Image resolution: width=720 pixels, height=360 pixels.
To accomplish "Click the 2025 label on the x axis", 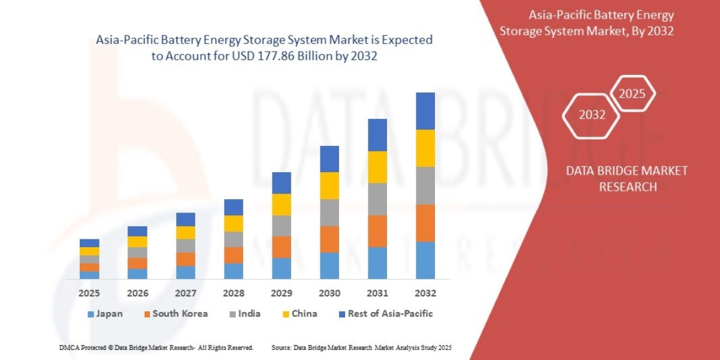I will [x=89, y=293].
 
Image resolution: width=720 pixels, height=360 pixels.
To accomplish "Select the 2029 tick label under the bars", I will [x=281, y=293].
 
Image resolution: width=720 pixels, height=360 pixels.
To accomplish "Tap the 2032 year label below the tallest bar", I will [x=425, y=293].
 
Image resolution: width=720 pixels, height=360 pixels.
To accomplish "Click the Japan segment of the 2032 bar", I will [x=425, y=260].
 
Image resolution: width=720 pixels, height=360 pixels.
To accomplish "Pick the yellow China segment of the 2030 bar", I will [x=329, y=185].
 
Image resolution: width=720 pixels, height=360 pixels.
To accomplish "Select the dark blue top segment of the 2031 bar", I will [x=377, y=135].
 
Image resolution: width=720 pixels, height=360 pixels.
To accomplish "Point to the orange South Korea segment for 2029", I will [x=281, y=247].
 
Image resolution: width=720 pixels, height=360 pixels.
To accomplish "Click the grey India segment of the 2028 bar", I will [x=233, y=239].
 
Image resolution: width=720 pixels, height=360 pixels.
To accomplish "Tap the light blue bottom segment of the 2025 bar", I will [x=89, y=275].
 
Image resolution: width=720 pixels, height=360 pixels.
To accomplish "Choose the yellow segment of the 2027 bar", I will [x=185, y=233].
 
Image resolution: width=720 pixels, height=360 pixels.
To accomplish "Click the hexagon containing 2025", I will [x=632, y=94].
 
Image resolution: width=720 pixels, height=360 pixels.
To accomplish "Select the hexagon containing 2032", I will [x=592, y=115].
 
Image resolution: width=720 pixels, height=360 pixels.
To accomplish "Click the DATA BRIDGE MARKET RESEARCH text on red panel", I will [x=627, y=179].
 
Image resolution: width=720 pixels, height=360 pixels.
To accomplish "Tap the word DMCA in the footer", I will [x=70, y=348].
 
